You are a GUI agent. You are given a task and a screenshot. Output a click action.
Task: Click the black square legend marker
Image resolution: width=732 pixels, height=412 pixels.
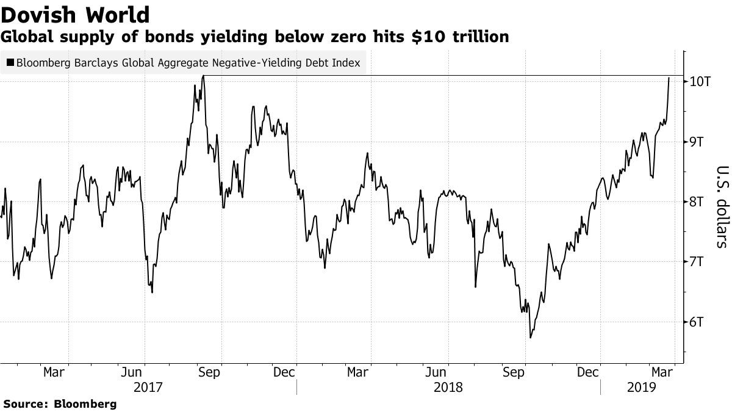pos(10,62)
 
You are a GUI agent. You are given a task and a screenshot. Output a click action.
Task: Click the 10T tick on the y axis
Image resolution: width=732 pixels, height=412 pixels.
pos(699,81)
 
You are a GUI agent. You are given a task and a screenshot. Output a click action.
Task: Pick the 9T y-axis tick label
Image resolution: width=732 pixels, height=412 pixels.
pos(699,142)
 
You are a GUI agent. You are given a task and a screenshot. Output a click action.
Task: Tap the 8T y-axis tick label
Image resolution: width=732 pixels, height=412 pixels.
pos(699,201)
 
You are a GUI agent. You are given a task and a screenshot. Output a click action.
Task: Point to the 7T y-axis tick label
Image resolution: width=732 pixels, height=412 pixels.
pos(699,262)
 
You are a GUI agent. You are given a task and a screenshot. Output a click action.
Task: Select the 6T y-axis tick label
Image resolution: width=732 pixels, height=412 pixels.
pos(699,322)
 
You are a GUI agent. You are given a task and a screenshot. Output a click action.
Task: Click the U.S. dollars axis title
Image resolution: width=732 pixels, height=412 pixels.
pos(722,207)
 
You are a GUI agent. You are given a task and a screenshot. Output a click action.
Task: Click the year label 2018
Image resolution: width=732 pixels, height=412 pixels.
pos(448,387)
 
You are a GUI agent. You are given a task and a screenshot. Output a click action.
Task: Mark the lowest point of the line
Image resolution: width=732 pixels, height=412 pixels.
pos(530,338)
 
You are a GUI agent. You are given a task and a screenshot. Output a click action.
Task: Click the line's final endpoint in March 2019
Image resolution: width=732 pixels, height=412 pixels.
pos(669,78)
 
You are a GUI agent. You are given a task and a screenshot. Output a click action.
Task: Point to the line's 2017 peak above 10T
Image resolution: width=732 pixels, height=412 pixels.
pos(203,76)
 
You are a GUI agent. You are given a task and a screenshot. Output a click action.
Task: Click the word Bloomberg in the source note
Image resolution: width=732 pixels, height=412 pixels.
pos(85,404)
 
